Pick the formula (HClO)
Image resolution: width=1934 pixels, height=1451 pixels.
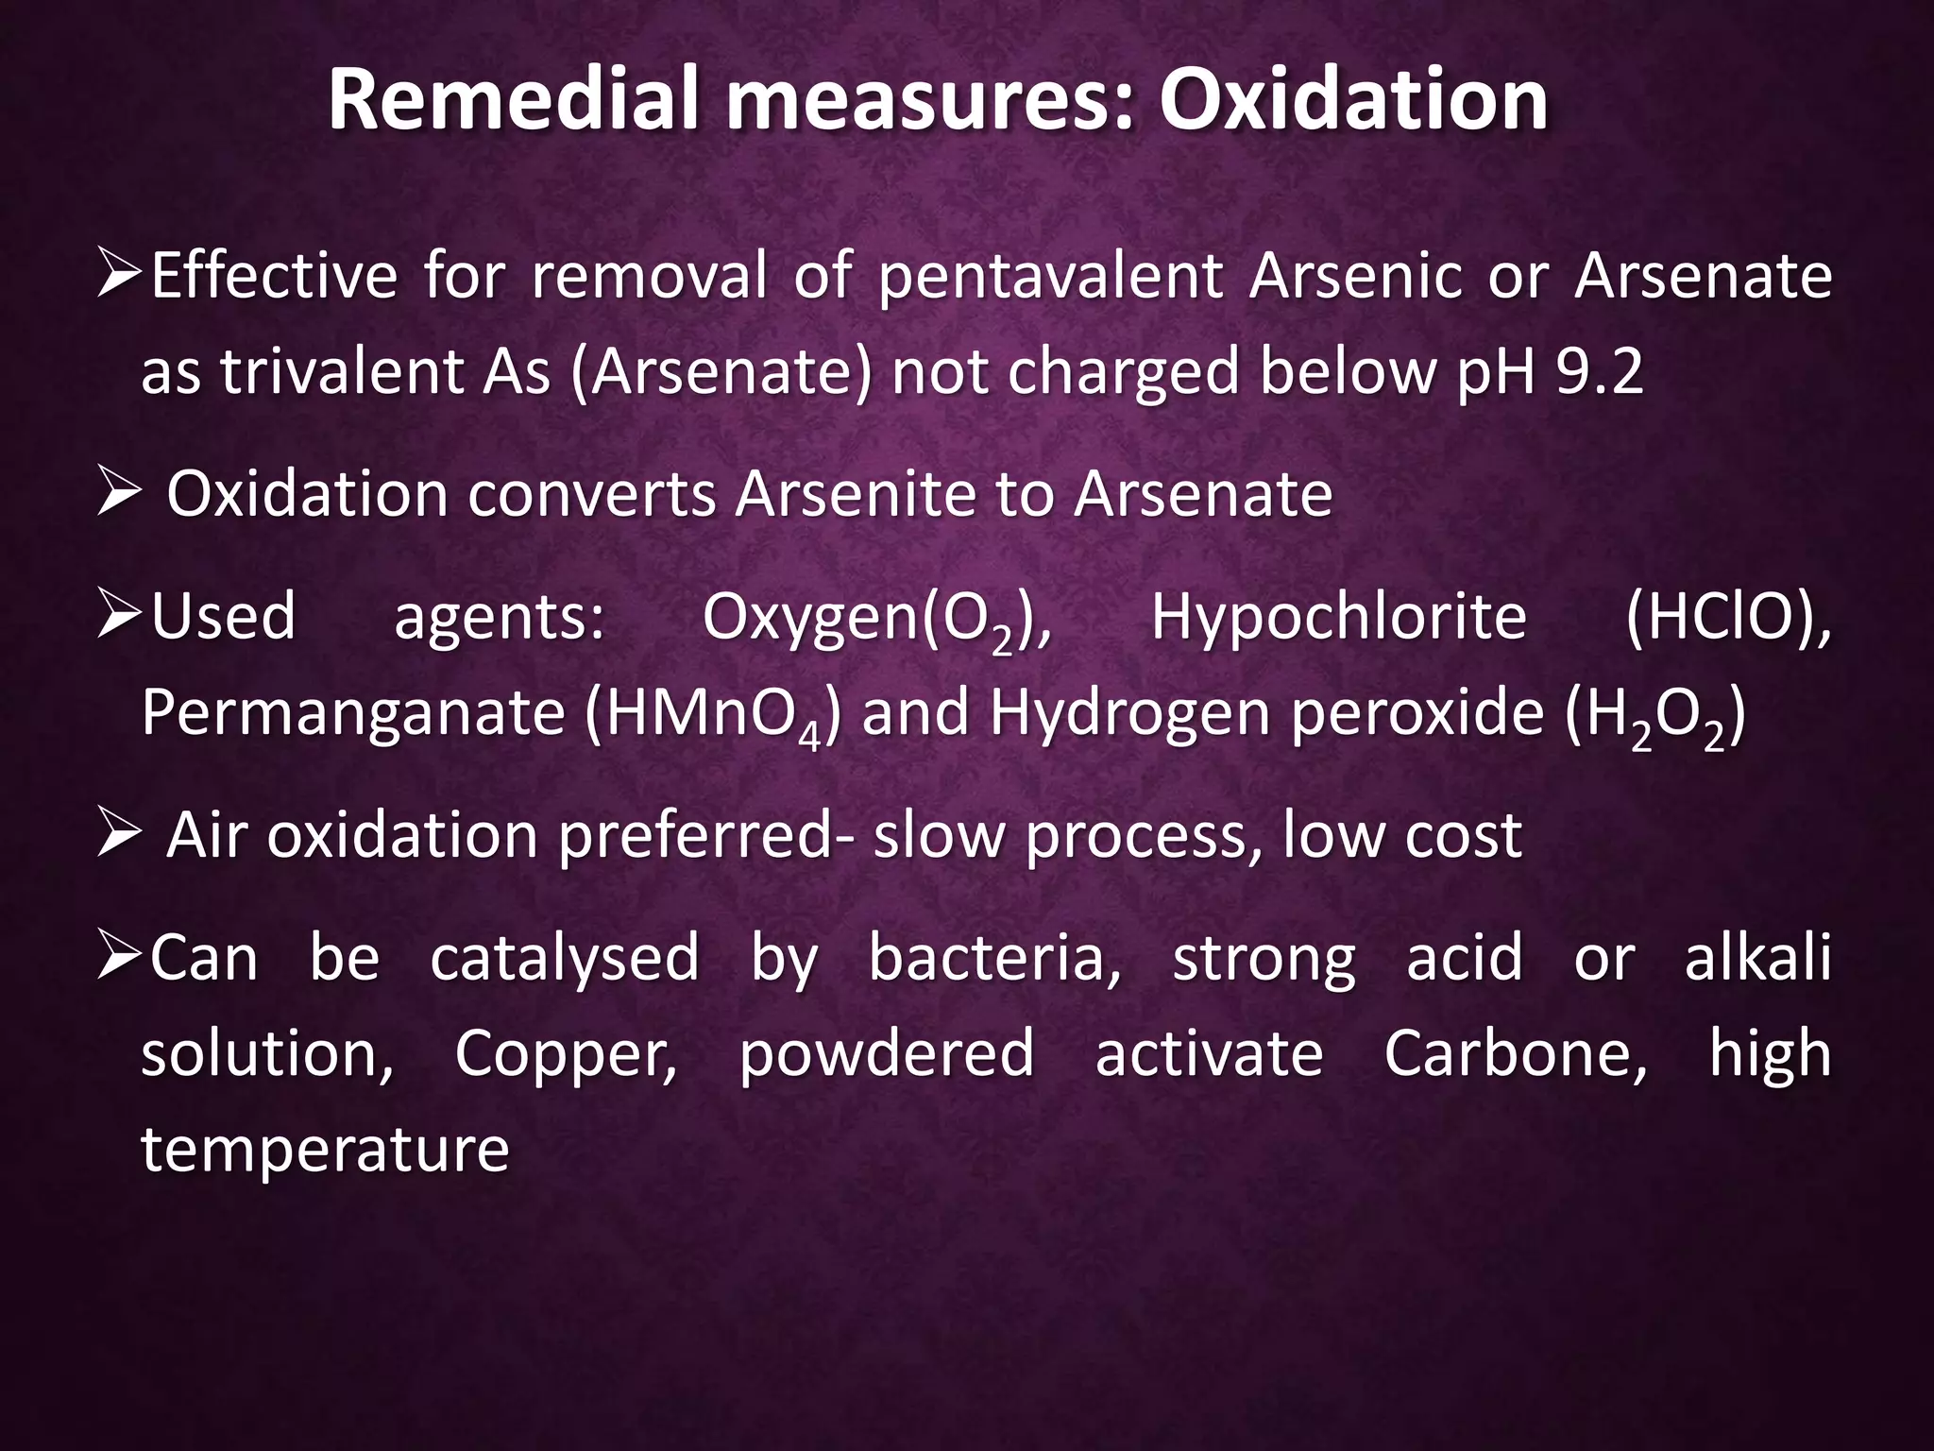1727,618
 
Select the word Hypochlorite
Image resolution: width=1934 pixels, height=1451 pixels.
1338,618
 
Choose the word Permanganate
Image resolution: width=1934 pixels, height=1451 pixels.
352,714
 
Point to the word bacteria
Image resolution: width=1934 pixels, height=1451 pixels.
995,958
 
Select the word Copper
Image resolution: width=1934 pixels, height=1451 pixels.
566,1054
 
